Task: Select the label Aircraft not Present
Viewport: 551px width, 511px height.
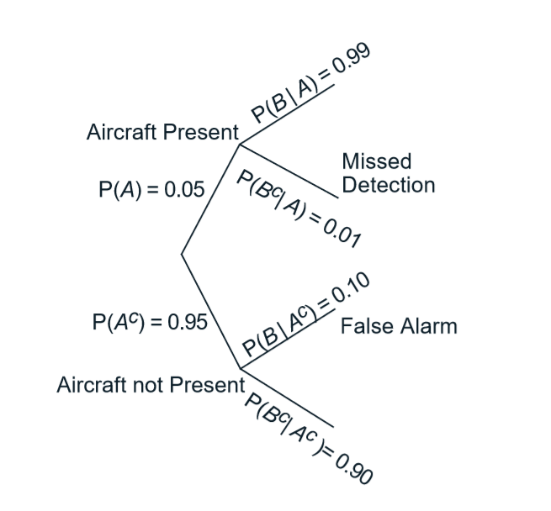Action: (x=150, y=385)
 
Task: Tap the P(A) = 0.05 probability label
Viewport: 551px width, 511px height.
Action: (x=151, y=189)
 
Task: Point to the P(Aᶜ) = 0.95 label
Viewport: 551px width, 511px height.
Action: (x=150, y=323)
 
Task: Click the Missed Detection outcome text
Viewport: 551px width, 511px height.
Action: (x=389, y=173)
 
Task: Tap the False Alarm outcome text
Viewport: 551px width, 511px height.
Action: (x=399, y=325)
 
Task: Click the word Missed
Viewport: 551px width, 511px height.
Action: (x=377, y=161)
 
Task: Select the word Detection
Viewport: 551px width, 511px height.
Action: (x=389, y=185)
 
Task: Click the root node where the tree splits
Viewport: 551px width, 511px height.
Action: (x=181, y=253)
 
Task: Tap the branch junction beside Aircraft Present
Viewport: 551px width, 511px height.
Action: (x=241, y=145)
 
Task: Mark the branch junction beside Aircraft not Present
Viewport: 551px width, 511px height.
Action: (x=241, y=368)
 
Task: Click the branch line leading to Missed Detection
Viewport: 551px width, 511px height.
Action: (x=290, y=170)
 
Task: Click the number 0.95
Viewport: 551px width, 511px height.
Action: (x=188, y=323)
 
